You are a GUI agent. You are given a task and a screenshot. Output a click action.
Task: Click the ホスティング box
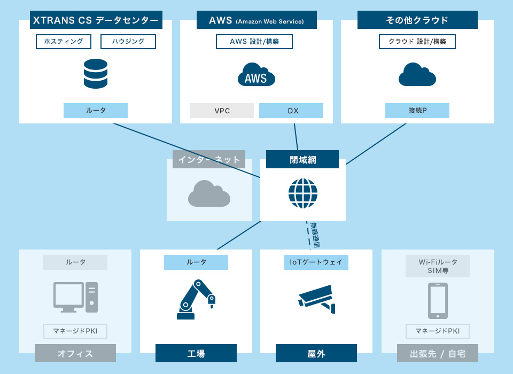pos(63,42)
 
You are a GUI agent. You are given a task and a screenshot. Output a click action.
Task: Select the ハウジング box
pos(128,42)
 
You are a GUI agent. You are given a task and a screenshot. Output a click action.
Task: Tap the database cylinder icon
pos(96,74)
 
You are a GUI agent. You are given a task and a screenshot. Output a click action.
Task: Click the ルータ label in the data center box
pos(96,111)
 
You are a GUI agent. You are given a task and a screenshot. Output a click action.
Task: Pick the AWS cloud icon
pos(256,75)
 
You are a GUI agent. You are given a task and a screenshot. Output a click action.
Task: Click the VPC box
pos(222,111)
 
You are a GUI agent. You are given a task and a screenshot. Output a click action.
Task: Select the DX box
pos(291,111)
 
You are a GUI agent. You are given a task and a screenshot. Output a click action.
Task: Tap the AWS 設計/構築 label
pos(254,42)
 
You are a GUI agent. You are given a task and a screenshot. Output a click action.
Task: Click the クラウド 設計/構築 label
pos(417,42)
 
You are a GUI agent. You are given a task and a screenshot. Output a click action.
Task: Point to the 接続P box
pos(417,111)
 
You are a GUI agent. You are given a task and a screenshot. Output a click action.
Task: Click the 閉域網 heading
pos(302,159)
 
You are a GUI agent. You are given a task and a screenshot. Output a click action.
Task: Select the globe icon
pos(303,193)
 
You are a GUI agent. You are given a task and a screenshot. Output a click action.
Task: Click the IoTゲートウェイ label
pos(316,262)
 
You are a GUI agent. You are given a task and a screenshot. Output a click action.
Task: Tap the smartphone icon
pos(437,301)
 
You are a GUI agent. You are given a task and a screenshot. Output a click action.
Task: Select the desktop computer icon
pos(76,297)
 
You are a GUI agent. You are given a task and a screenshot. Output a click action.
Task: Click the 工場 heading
pos(196,353)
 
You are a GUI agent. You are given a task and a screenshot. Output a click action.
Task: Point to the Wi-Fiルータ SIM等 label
pos(437,266)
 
